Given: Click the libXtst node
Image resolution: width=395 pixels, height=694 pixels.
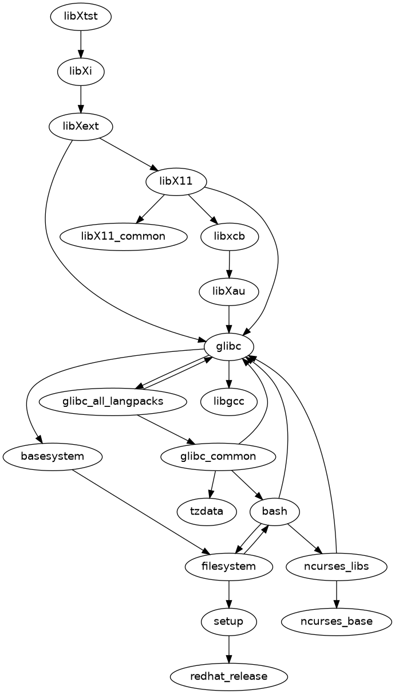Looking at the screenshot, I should point(81,16).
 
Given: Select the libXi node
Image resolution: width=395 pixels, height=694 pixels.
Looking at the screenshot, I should point(81,71).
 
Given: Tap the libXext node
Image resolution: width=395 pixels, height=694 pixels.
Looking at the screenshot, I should point(81,126).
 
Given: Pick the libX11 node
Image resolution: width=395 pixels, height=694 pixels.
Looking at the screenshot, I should point(176,181).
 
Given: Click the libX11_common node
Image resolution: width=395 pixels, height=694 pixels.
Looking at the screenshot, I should point(123,236).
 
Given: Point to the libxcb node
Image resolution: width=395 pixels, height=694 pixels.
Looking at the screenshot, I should point(230,236).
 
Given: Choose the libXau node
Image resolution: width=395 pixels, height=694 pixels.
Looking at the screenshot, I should point(229,291).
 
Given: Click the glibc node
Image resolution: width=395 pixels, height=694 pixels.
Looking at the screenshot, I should point(229,346).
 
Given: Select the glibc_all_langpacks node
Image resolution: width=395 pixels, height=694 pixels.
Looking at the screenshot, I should point(113,401).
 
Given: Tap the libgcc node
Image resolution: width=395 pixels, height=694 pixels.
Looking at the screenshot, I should point(229,401).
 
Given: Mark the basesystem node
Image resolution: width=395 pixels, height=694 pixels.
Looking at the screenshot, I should point(53,457).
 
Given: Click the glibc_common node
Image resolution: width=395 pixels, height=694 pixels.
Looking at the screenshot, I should point(218,457).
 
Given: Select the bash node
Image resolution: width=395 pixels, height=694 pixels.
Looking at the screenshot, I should point(275,512).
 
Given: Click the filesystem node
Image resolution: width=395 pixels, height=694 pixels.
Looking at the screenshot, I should point(229,567).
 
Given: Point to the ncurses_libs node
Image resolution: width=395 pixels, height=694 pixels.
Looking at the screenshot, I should point(336,567).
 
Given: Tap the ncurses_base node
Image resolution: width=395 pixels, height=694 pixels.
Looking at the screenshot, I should point(336,622).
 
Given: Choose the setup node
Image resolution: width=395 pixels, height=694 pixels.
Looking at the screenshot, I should point(229,622).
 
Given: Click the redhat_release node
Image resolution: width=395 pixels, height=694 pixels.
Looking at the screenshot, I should point(229,677).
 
